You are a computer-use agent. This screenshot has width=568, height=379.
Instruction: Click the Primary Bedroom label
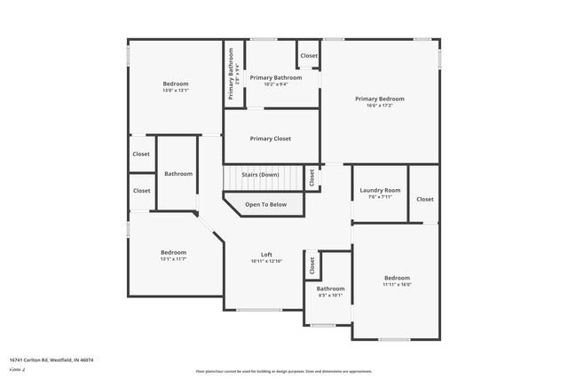(x=380, y=99)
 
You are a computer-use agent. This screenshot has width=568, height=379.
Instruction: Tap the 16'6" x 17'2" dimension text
(x=380, y=106)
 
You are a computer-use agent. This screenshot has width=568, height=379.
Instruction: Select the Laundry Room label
(x=380, y=190)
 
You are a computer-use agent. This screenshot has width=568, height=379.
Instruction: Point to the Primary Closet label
(x=271, y=138)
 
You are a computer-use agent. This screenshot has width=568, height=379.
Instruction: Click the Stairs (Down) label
(x=260, y=175)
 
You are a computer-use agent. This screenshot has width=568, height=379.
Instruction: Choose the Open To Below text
(x=266, y=205)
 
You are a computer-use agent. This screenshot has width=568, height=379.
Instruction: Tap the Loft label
(x=266, y=254)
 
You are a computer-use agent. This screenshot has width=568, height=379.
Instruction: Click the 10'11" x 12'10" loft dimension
(x=266, y=261)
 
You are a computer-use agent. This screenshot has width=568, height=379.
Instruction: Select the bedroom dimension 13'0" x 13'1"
(x=176, y=91)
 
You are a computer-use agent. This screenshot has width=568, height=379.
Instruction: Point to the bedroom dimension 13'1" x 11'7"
(x=173, y=259)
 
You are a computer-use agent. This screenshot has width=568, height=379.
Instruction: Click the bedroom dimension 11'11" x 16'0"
(x=397, y=285)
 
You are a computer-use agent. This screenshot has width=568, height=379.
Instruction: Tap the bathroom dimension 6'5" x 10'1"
(x=331, y=296)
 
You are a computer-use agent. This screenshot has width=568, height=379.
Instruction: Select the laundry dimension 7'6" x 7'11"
(x=380, y=197)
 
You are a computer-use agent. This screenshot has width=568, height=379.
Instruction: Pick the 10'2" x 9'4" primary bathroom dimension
(x=276, y=85)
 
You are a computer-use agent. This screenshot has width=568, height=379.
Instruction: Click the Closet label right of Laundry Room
(x=425, y=199)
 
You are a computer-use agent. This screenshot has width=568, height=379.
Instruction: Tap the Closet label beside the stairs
(x=312, y=178)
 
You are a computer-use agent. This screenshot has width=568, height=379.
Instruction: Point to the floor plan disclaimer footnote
(x=284, y=371)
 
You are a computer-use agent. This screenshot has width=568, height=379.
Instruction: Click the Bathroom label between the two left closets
(x=178, y=174)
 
